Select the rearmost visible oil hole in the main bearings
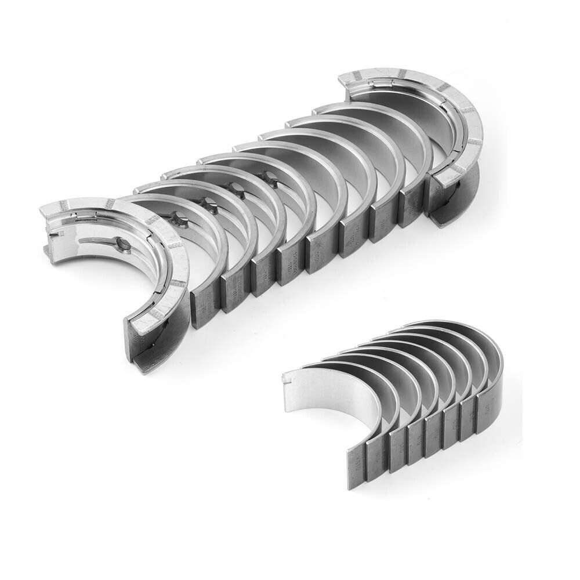click(x=270, y=184)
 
